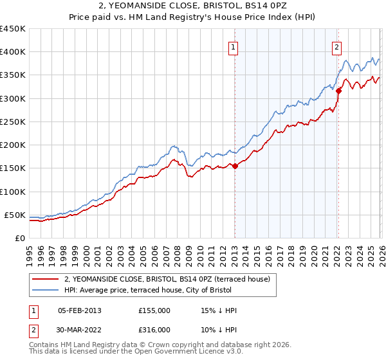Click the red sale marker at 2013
pos(235,166)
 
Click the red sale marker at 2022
pos(338,91)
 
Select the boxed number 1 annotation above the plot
pos(232,46)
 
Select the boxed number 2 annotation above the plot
pos(336,46)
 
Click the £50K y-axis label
pos(15,215)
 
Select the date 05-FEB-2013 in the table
pos(79,310)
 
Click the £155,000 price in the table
pos(154,310)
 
